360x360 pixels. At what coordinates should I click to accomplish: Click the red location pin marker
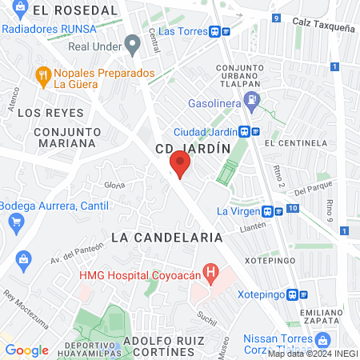180,166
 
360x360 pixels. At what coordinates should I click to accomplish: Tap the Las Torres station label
183,31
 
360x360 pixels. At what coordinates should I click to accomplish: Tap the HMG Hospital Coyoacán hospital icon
211,274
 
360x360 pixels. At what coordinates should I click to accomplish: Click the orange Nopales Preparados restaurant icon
42,77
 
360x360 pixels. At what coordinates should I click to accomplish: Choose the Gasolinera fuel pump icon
253,101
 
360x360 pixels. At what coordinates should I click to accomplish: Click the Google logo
26,350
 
